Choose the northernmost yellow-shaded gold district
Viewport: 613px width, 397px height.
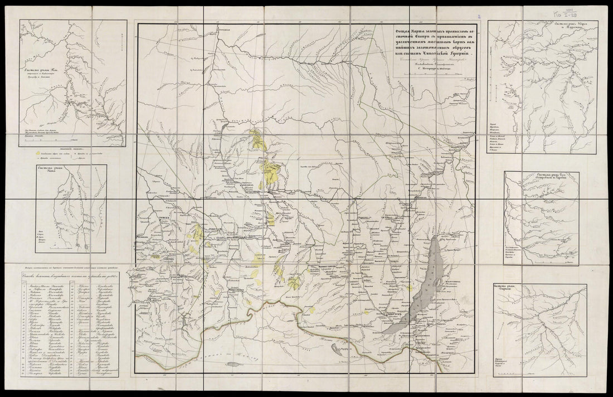click(257, 139)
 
